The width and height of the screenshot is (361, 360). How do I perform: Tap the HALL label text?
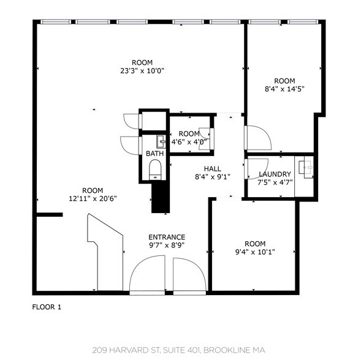pyautogui.click(x=213, y=169)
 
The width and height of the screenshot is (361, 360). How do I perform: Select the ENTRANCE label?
pyautogui.click(x=167, y=237)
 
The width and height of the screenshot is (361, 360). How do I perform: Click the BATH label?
pyautogui.click(x=153, y=154)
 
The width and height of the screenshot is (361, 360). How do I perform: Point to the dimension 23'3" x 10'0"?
pyautogui.click(x=142, y=70)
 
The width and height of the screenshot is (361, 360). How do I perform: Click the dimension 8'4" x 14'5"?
pyautogui.click(x=284, y=89)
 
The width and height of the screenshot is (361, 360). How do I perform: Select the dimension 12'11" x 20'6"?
pyautogui.click(x=93, y=198)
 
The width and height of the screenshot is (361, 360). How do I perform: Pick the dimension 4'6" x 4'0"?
pyautogui.click(x=189, y=142)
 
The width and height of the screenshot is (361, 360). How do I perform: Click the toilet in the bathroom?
pyautogui.click(x=154, y=169)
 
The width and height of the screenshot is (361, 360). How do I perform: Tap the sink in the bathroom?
pyautogui.click(x=161, y=142)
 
